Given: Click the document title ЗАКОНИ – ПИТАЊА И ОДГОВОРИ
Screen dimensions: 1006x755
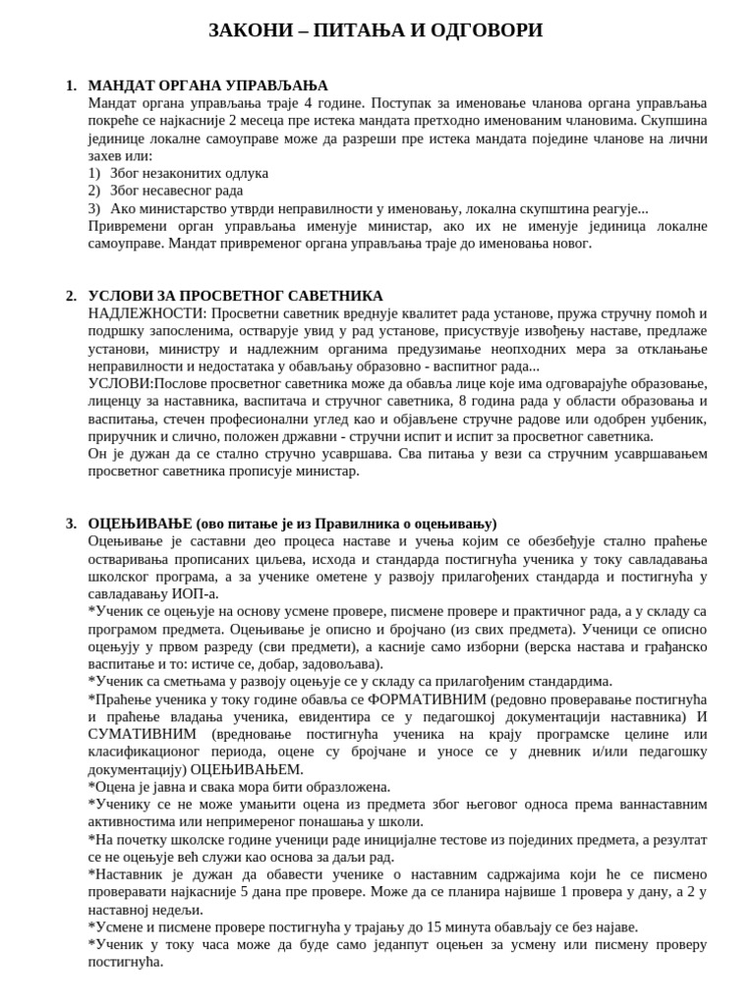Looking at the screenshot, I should coord(376,30).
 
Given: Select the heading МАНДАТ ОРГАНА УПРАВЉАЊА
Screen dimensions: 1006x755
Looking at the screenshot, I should coord(207,85).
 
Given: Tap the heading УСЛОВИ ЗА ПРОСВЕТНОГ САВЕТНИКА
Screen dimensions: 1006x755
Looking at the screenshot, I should coord(235,296).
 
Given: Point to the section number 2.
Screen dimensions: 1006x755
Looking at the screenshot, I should coord(71,296).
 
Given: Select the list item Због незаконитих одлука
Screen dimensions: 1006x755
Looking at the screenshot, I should coord(189,173).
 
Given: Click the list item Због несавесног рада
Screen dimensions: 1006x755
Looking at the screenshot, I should coord(176,191).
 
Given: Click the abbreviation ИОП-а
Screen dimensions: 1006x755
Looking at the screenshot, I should coord(196,593).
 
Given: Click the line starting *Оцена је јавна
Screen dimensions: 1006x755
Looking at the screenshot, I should coord(239,787).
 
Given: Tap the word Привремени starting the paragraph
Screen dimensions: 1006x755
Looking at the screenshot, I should coord(125,226).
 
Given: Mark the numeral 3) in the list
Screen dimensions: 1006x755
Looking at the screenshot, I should coord(94,208).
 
